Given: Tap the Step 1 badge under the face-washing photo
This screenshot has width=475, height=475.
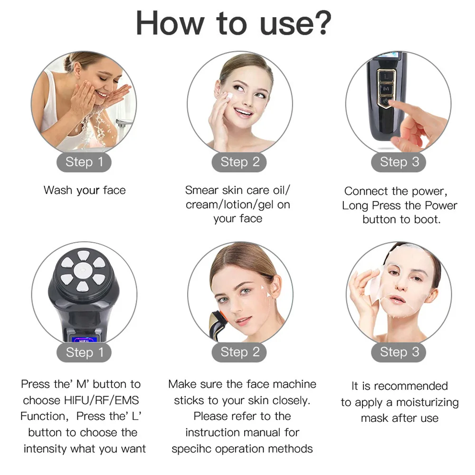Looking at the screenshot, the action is pos(84,162).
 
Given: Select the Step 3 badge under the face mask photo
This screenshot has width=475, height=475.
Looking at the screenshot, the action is pos(399,352).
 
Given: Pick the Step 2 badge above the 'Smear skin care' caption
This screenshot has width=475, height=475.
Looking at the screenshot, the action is pos(239,162).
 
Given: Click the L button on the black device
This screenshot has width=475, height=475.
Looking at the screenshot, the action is pos(386,76).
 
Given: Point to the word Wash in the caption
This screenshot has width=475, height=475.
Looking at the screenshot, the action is pos(58,190).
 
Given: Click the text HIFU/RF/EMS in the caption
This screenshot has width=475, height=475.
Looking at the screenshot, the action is pos(102,400).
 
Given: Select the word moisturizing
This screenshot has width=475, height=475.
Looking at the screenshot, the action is pos(427,403).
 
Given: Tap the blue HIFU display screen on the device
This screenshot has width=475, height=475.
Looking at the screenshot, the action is pos(84,340).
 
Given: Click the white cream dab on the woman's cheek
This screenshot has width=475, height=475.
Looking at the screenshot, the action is pos(229,96).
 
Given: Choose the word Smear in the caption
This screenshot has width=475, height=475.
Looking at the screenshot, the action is pos(202,190).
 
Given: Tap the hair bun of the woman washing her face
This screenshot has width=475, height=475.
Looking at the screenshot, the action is pos(68,63).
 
